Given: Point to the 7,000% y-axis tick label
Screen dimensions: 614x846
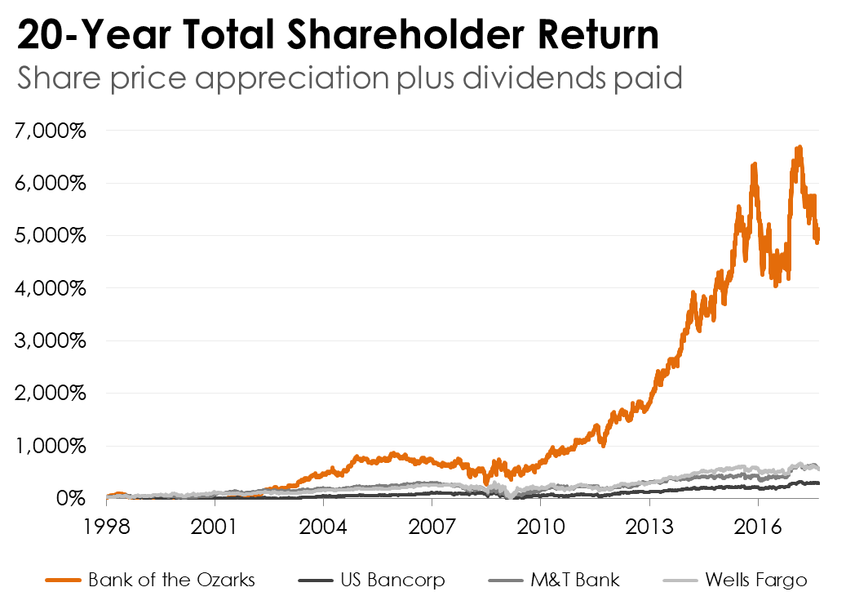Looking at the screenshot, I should point(51,131).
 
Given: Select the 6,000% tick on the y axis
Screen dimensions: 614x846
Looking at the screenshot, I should point(51,183).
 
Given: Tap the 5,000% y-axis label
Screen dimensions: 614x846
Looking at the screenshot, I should point(51,236).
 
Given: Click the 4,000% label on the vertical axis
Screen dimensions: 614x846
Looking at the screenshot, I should point(51,288).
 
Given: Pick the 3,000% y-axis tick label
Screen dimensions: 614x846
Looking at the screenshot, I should point(51,340).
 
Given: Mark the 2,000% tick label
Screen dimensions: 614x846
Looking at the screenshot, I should point(51,394).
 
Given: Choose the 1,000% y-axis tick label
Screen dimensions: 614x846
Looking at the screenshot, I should point(51,446).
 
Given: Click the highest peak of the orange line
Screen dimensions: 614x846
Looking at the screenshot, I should point(799,148).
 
